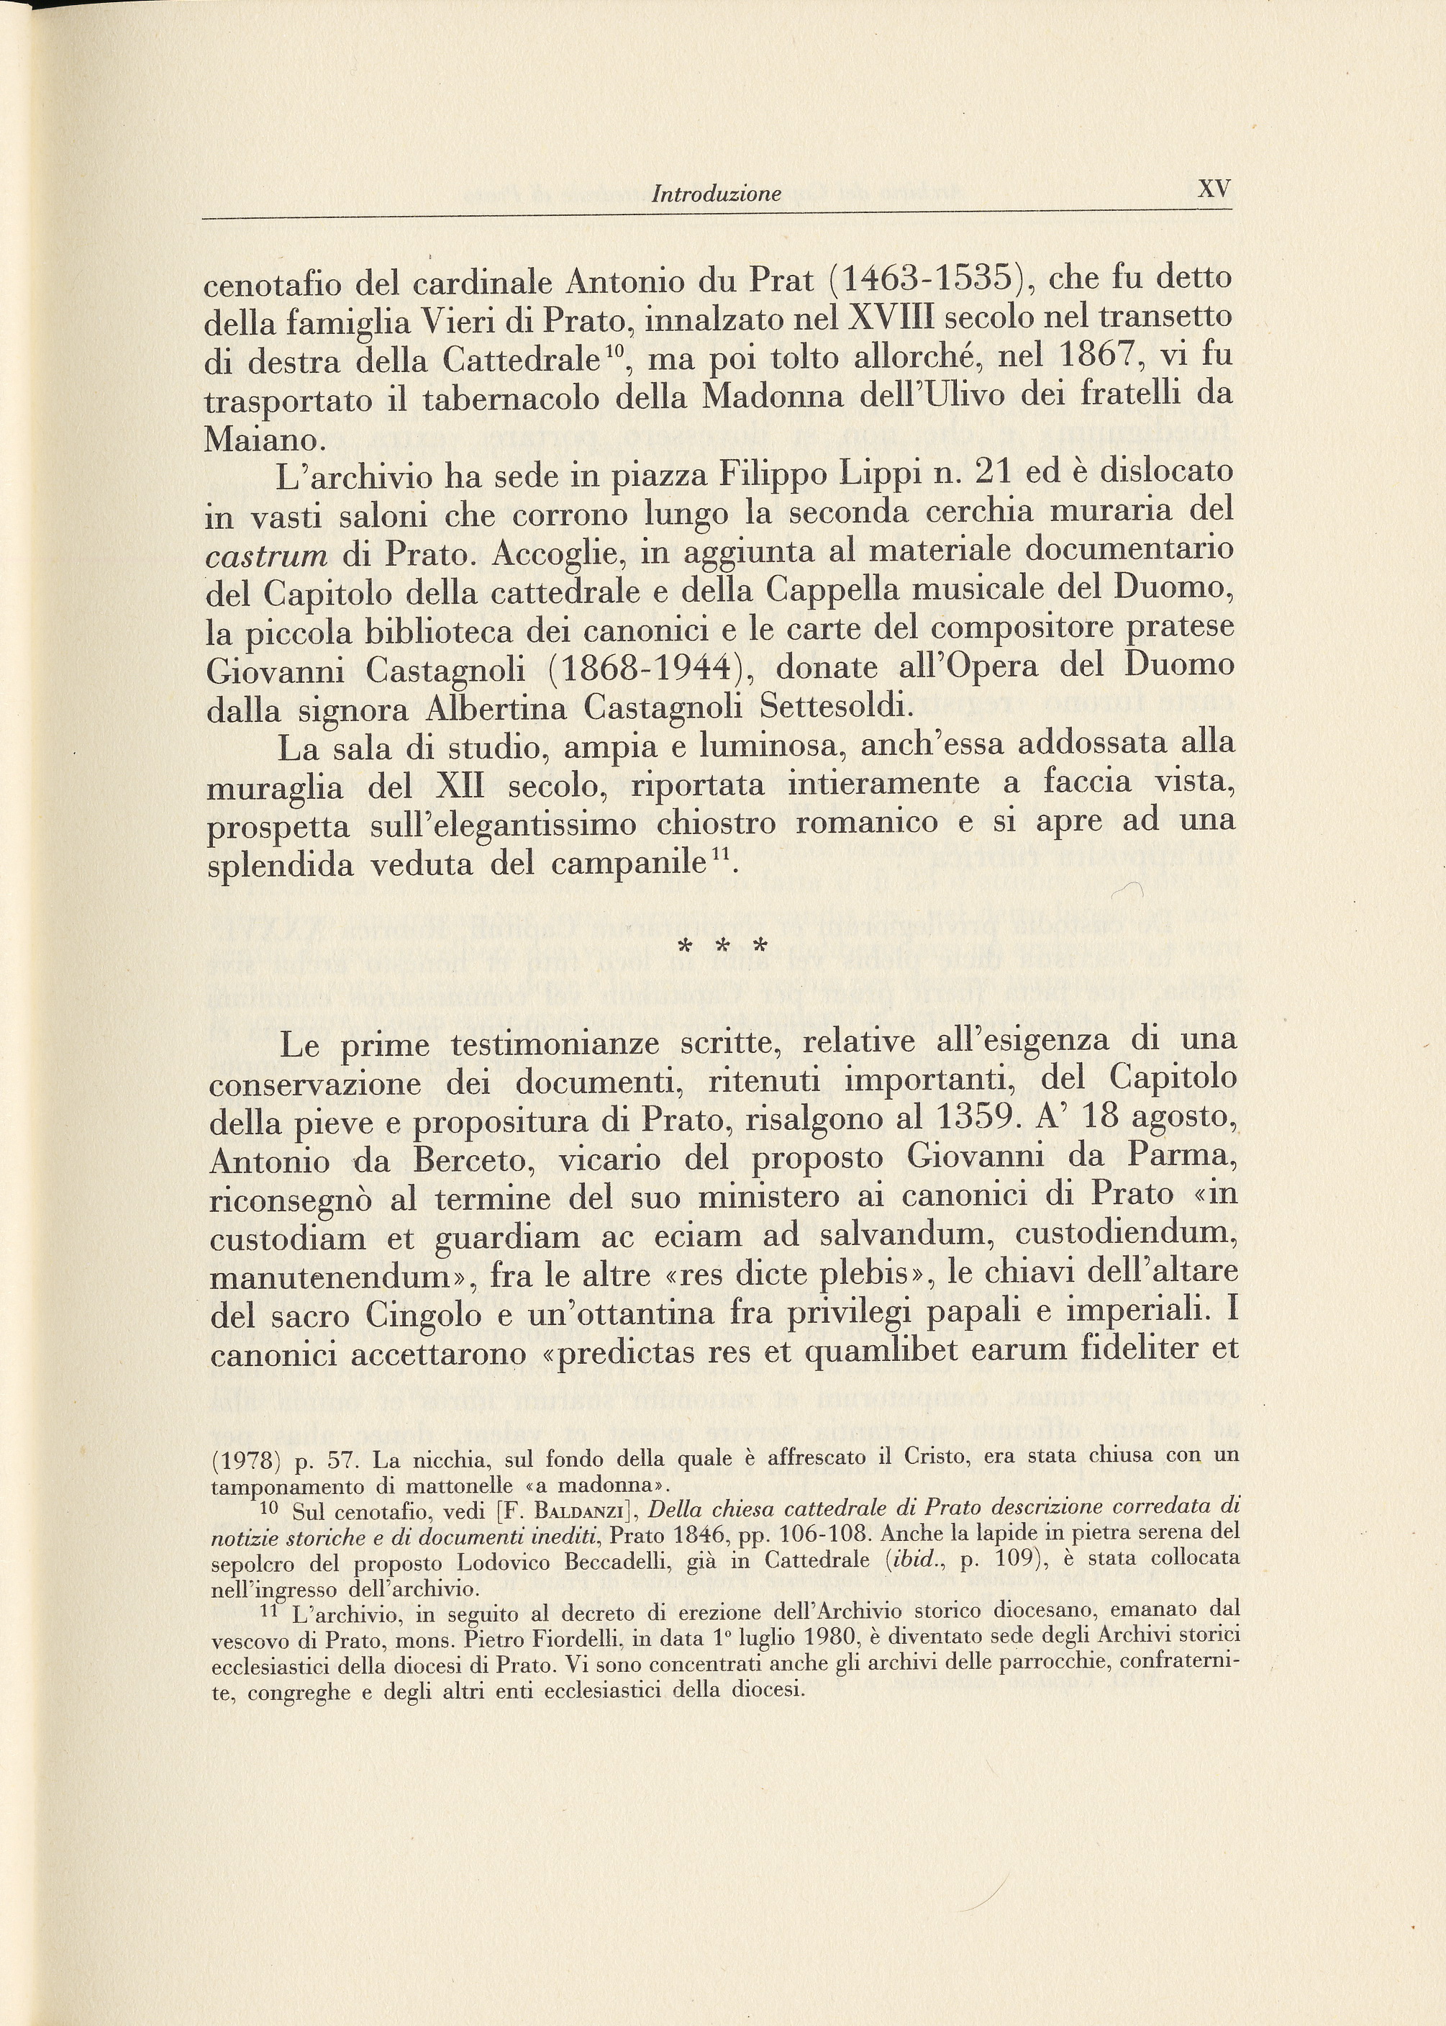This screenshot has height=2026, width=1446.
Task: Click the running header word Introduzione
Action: (x=716, y=194)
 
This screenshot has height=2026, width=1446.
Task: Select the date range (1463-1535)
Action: (x=930, y=280)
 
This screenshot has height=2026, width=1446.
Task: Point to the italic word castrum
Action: (x=266, y=556)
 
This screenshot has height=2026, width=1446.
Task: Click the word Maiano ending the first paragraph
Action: (x=260, y=440)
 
